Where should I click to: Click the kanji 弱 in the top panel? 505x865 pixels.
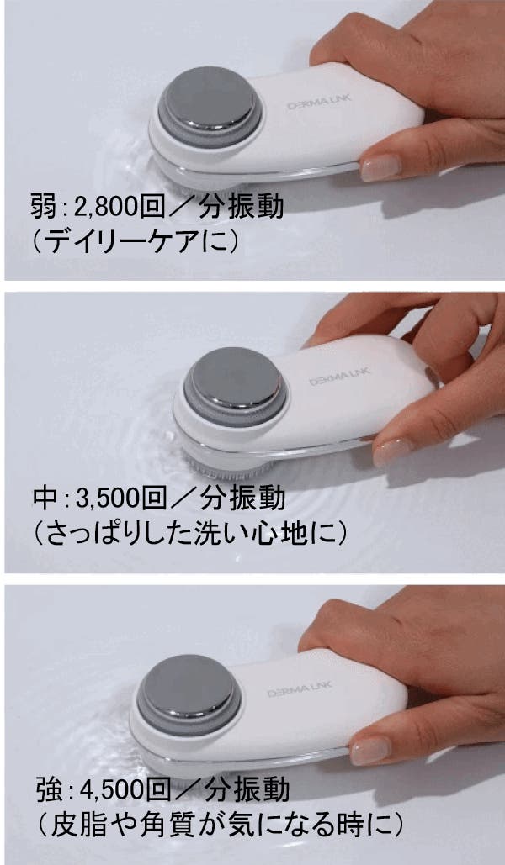coord(43,208)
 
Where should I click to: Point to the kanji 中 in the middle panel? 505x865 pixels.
coord(45,498)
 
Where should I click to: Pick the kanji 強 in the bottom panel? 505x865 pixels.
coord(47,789)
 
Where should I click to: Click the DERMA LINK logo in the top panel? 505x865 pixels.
coord(319,102)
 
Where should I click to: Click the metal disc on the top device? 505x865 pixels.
coord(209,100)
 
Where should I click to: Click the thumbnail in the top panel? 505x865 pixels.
coord(380,166)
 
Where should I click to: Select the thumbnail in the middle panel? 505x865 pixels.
coord(393,452)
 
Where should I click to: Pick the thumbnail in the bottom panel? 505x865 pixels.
coord(370,750)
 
